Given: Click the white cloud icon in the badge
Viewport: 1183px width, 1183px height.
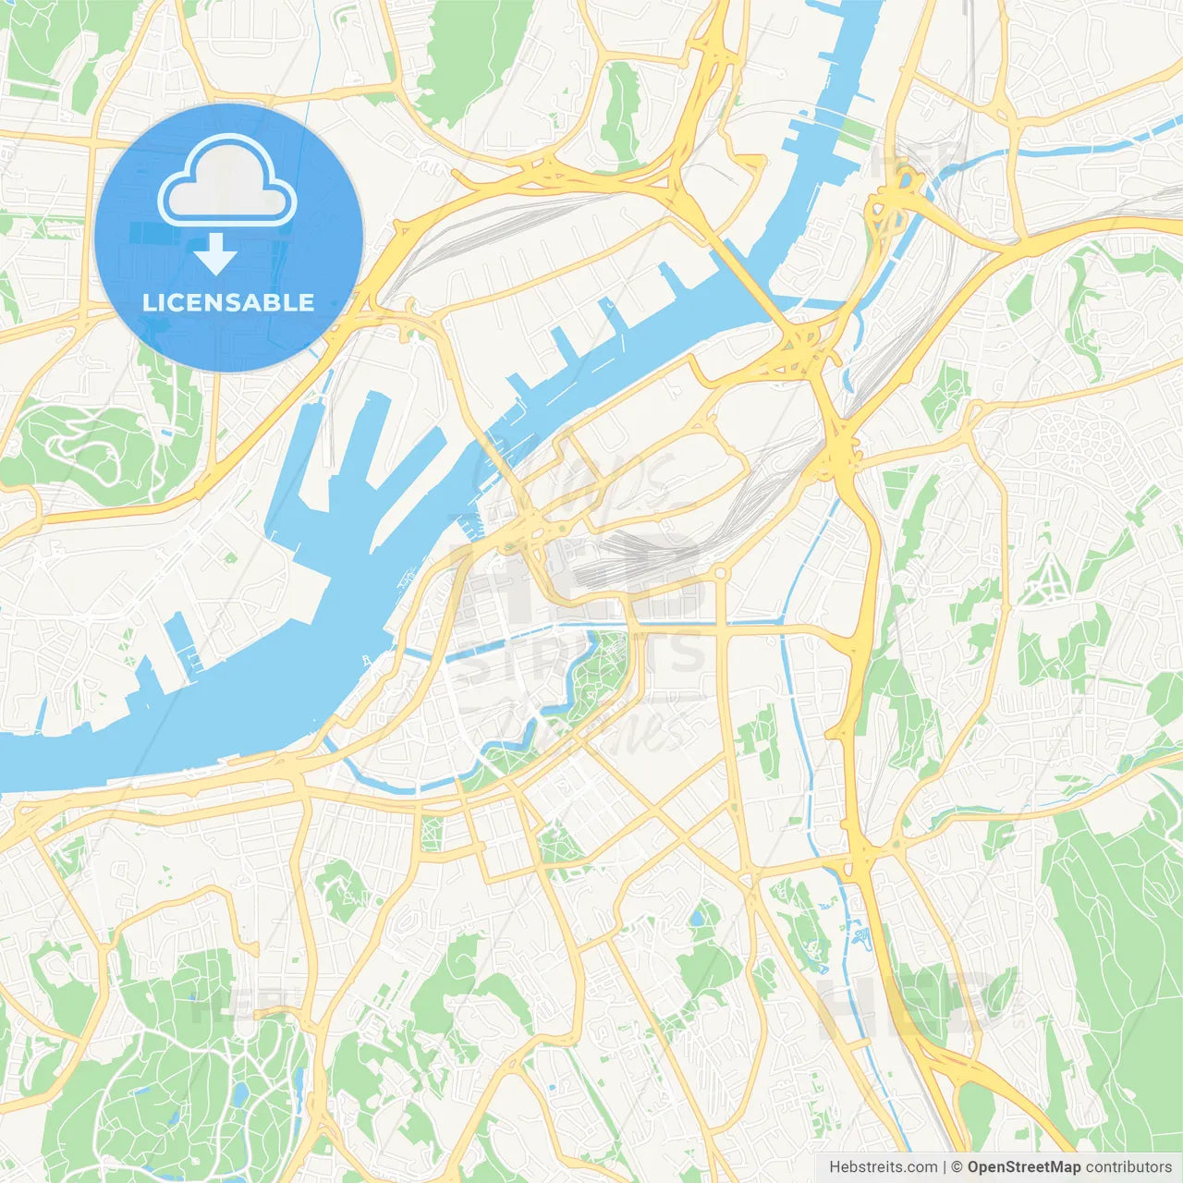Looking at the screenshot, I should pyautogui.click(x=226, y=181).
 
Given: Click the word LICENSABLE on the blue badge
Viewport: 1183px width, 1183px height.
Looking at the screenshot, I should pyautogui.click(x=228, y=302).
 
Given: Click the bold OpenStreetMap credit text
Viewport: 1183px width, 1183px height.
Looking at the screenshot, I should pyautogui.click(x=1023, y=1167).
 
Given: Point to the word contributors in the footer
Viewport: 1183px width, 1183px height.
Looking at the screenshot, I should pyautogui.click(x=1128, y=1167).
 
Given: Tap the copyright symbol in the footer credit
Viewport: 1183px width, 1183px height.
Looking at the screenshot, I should pyautogui.click(x=957, y=1167).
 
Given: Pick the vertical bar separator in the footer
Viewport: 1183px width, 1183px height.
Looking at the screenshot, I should pyautogui.click(x=945, y=1167).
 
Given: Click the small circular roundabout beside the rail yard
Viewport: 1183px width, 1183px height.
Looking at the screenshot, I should pyautogui.click(x=721, y=573).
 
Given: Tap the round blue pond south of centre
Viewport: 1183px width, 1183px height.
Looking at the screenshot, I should pyautogui.click(x=694, y=920).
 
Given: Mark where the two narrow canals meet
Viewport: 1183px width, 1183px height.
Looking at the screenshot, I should pyautogui.click(x=785, y=624).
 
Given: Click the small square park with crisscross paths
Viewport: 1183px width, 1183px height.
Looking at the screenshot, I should pyautogui.click(x=432, y=833).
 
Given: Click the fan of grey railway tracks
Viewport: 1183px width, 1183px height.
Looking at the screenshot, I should pyautogui.click(x=647, y=555).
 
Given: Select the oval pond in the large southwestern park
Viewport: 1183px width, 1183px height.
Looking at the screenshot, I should pyautogui.click(x=239, y=1095).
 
